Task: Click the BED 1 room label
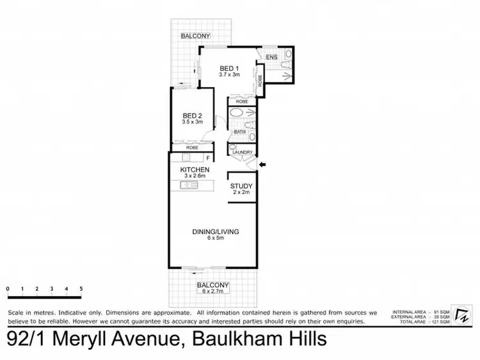[229, 68]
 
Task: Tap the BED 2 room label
[192, 116]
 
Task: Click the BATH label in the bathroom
[239, 132]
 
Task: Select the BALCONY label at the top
[195, 36]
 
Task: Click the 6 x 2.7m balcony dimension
[213, 292]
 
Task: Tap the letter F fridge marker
[208, 157]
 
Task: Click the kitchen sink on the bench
[188, 185]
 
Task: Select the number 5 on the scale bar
[81, 288]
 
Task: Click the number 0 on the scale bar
[8, 288]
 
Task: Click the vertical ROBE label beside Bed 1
[260, 81]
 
